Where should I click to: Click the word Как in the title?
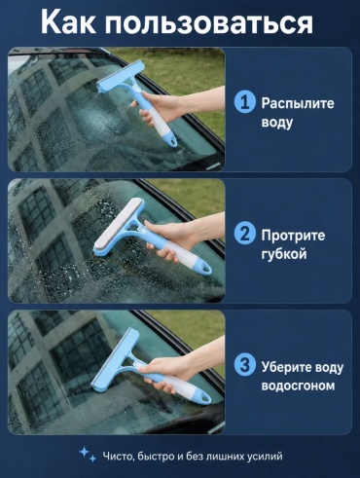click(x=69, y=21)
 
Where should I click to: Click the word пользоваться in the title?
click(x=209, y=23)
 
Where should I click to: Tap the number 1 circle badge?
click(x=244, y=102)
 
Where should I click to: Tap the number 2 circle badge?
click(x=244, y=234)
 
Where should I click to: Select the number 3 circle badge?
click(x=244, y=365)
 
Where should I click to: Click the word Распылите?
click(x=298, y=104)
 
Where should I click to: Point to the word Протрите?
click(x=293, y=236)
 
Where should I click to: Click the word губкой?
click(x=284, y=254)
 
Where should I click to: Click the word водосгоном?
click(x=298, y=386)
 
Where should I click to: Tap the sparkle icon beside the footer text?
click(x=88, y=454)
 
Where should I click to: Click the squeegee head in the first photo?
click(x=121, y=78)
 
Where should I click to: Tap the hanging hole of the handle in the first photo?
click(x=173, y=141)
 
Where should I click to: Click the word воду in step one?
click(x=277, y=124)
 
